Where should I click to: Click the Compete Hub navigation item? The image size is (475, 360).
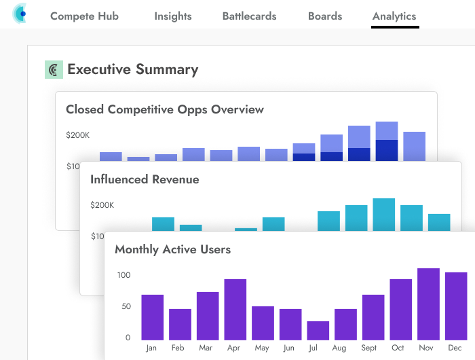click(84, 16)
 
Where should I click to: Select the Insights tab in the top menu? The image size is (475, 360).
click(172, 16)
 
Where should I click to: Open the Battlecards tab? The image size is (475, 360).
click(249, 16)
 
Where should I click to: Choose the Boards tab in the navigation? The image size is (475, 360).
click(325, 16)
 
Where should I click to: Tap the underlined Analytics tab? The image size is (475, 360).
click(394, 16)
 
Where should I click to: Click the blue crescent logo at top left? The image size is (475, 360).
click(20, 13)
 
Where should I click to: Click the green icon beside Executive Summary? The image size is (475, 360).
click(54, 69)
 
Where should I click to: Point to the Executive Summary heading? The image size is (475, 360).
click(132, 69)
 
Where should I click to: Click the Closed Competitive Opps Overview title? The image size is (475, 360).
click(165, 109)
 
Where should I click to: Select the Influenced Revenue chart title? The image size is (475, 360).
click(145, 179)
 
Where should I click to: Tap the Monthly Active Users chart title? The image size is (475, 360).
click(172, 249)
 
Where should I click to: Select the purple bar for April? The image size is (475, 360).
click(235, 310)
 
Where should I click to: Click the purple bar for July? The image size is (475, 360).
click(318, 331)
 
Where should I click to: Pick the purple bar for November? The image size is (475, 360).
click(428, 304)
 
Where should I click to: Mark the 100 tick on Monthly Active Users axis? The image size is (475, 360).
click(123, 275)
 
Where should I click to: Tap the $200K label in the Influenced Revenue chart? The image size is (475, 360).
click(102, 205)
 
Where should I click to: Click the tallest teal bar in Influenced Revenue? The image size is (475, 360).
click(384, 215)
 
